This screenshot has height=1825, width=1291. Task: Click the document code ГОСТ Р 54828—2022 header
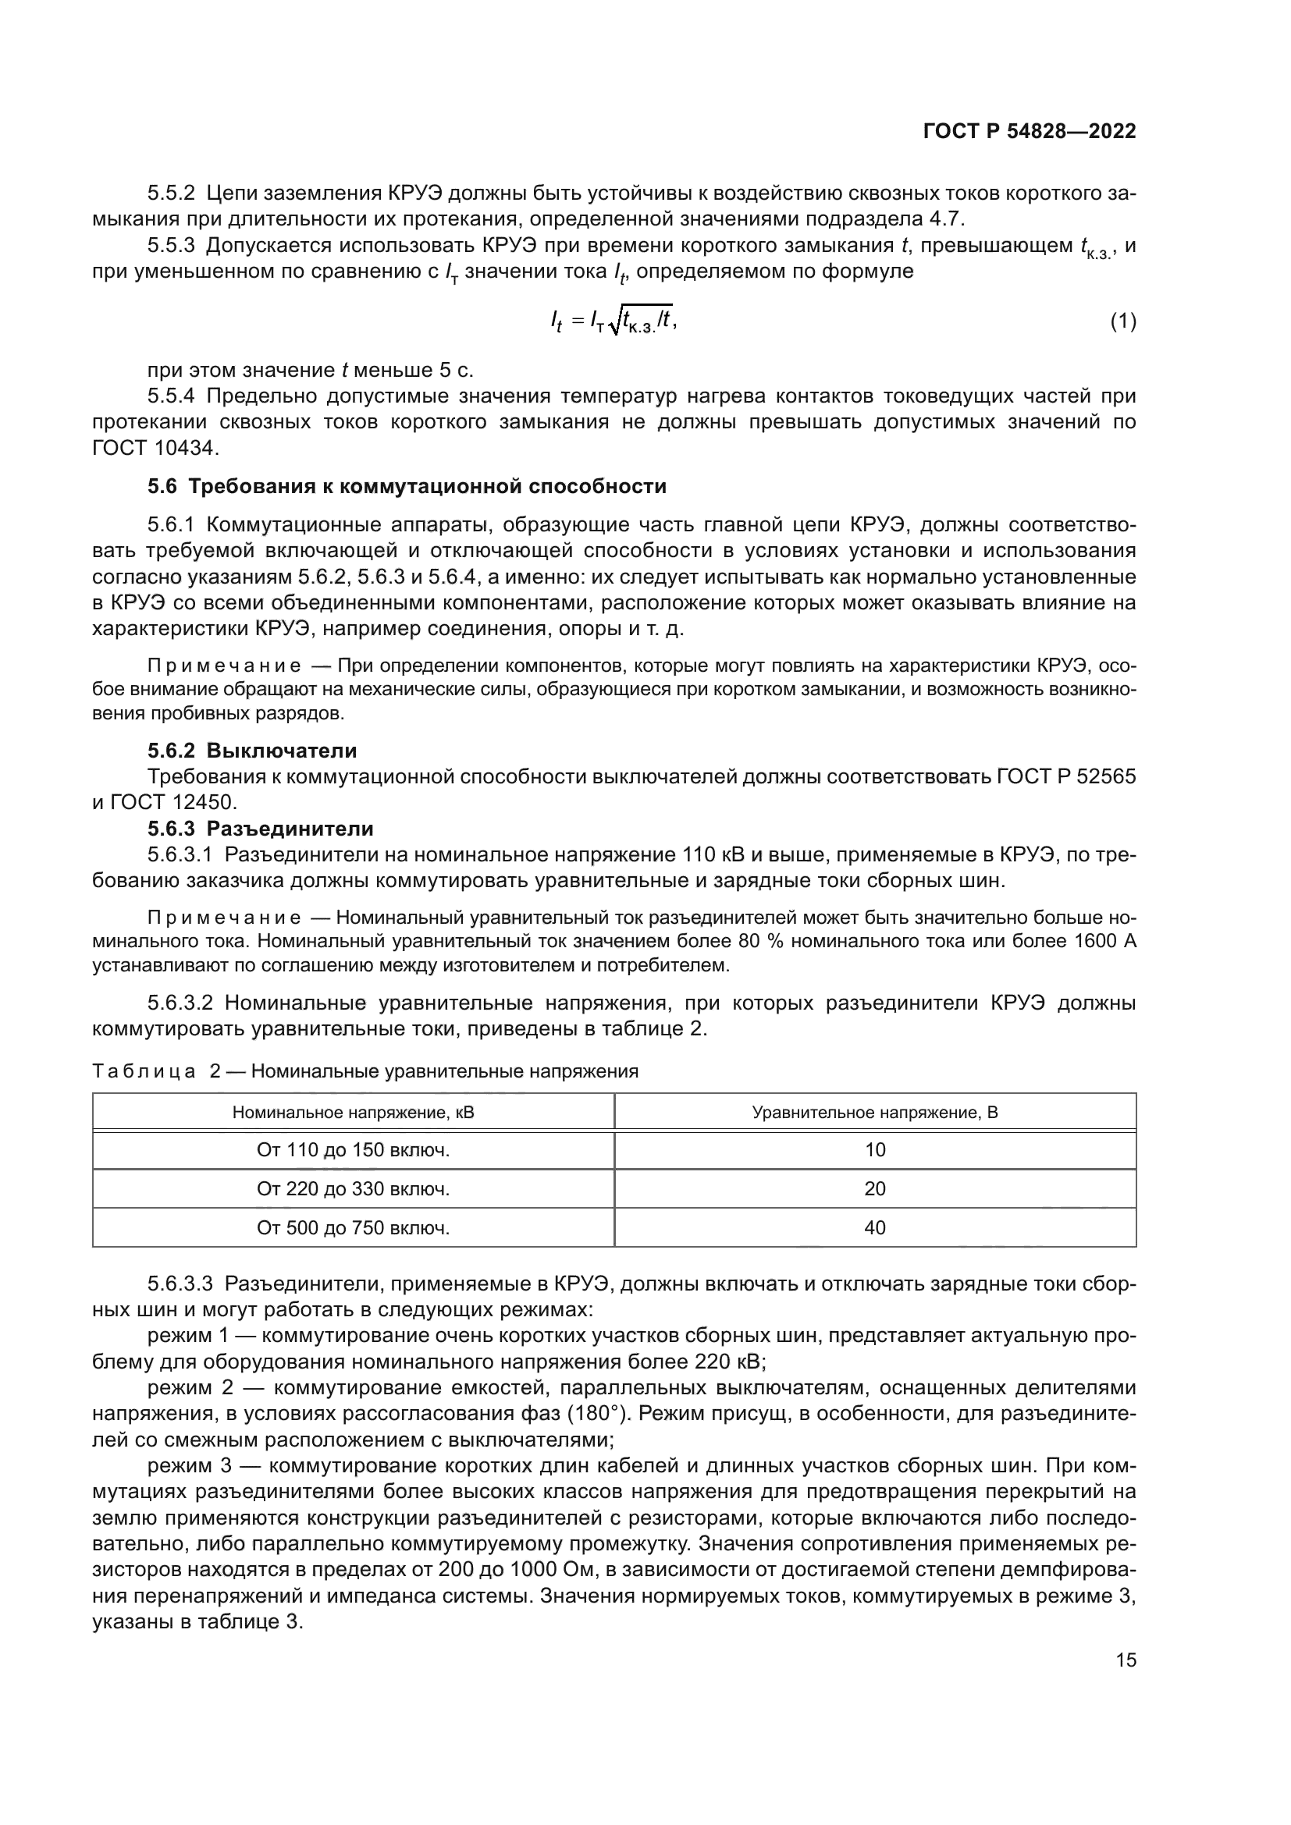coord(1029,132)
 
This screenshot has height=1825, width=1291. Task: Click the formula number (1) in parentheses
coord(1122,322)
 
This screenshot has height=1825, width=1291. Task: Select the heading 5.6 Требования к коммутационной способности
coord(407,486)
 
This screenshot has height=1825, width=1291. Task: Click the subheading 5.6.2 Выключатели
coord(252,751)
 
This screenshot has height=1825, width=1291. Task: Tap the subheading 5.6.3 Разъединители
coord(260,829)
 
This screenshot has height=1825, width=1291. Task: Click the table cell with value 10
coord(874,1150)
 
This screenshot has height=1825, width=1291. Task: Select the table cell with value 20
coord(874,1189)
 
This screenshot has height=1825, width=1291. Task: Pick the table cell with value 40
coord(874,1228)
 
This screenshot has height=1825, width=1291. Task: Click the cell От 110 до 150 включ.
coord(353,1150)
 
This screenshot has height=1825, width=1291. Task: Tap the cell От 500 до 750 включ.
coord(353,1228)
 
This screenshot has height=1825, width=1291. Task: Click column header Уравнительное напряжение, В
coord(874,1113)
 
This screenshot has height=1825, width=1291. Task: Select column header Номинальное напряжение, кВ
coord(353,1113)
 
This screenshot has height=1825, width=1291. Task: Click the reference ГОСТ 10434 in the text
coord(155,449)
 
